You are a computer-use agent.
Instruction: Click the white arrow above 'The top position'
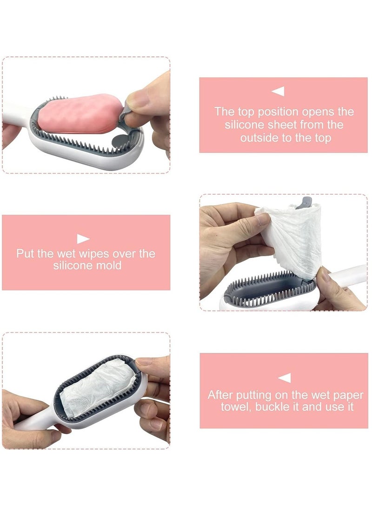click(x=278, y=91)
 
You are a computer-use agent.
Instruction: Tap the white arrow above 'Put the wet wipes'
click(x=83, y=239)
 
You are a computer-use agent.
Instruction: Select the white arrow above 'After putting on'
click(x=284, y=378)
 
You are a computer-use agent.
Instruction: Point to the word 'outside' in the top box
click(x=259, y=138)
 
